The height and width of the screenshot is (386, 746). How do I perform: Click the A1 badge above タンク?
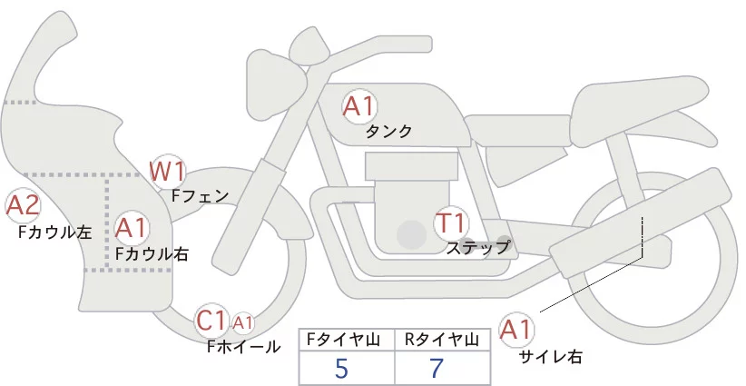click(359, 106)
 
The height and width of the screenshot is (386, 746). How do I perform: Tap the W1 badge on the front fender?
click(168, 170)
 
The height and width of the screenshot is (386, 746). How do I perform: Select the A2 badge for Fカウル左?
click(23, 206)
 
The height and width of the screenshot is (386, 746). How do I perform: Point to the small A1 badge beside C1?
click(243, 322)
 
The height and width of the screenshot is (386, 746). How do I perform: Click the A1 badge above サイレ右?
click(517, 330)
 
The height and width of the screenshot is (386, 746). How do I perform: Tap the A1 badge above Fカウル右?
click(133, 226)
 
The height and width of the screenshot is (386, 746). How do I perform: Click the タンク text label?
click(388, 132)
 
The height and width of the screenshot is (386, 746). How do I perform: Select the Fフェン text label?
click(201, 194)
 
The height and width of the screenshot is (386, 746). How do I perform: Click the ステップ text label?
click(477, 246)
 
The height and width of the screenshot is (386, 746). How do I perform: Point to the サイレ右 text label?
click(550, 357)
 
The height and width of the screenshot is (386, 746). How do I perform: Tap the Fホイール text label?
click(244, 346)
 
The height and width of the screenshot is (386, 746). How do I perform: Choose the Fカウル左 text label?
click(55, 233)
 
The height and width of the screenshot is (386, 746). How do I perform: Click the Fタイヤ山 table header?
click(346, 340)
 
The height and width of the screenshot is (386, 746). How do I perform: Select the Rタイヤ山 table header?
click(443, 340)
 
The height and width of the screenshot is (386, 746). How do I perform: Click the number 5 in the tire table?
click(341, 369)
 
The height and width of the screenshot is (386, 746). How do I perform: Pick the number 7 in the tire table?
click(438, 369)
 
